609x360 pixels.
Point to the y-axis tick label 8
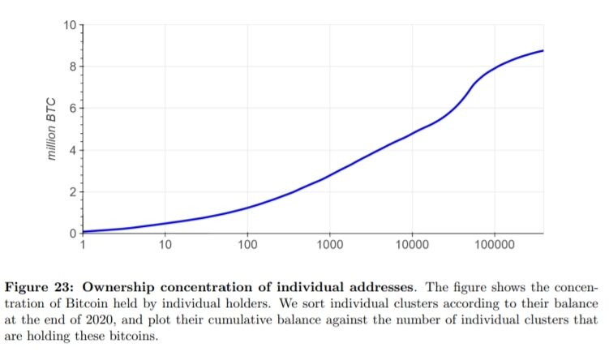[71, 66]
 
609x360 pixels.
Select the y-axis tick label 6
[71, 109]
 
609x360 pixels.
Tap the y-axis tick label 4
[71, 151]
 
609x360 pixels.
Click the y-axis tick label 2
[71, 193]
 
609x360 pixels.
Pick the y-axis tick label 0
[71, 234]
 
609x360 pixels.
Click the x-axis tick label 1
[83, 245]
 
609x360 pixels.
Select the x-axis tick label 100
[247, 245]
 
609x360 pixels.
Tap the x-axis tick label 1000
[329, 245]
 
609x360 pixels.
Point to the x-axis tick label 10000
[412, 245]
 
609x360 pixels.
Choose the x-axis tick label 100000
[494, 245]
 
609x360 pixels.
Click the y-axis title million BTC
[53, 130]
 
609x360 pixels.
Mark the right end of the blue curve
[543, 50]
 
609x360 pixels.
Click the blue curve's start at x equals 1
[84, 232]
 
